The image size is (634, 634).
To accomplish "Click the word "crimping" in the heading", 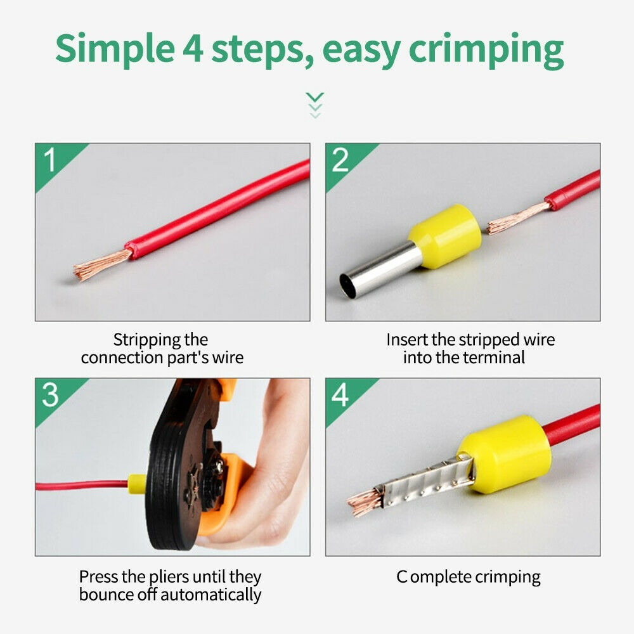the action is [x=486, y=51].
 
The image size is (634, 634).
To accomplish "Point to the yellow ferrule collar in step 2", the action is [x=445, y=235].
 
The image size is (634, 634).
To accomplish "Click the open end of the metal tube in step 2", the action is [x=347, y=286].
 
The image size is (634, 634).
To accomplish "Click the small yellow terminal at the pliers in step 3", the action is [x=137, y=484].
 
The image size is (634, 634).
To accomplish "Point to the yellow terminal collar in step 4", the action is [x=505, y=454].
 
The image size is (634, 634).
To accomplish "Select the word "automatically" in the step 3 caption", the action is [x=210, y=595].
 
